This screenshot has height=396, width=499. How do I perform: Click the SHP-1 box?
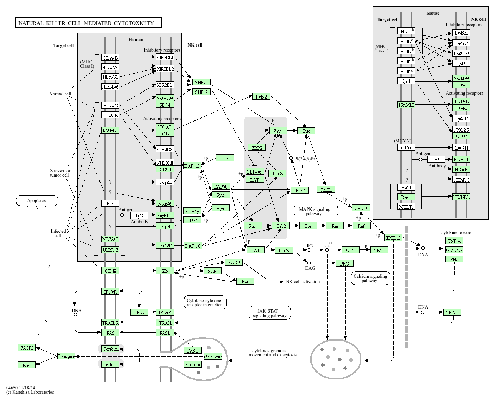[201, 82]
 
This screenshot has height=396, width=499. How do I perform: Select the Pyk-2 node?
[261, 97]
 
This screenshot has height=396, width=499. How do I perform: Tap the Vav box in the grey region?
[278, 130]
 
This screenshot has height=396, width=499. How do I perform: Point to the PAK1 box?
[326, 190]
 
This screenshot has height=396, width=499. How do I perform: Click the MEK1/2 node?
[361, 208]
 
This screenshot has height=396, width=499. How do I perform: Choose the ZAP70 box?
[221, 186]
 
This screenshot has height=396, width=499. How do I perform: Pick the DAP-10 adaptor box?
[193, 246]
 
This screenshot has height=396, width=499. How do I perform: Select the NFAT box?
[379, 250]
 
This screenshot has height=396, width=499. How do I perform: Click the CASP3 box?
[27, 348]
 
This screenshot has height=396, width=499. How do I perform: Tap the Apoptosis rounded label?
[37, 201]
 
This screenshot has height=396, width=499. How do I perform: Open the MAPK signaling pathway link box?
[316, 211]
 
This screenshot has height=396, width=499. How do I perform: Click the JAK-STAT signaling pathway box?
[270, 313]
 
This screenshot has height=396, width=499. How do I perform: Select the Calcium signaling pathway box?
[371, 278]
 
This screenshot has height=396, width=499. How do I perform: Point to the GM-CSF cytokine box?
[454, 250]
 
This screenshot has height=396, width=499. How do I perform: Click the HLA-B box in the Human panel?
[110, 58]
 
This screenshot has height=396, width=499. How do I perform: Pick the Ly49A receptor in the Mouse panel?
[461, 33]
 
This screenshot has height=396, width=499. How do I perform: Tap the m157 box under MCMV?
[406, 147]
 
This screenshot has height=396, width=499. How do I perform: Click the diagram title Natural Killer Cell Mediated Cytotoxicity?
[88, 23]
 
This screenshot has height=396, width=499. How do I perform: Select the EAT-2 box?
[234, 262]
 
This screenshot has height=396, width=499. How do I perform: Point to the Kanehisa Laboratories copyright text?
[30, 392]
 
